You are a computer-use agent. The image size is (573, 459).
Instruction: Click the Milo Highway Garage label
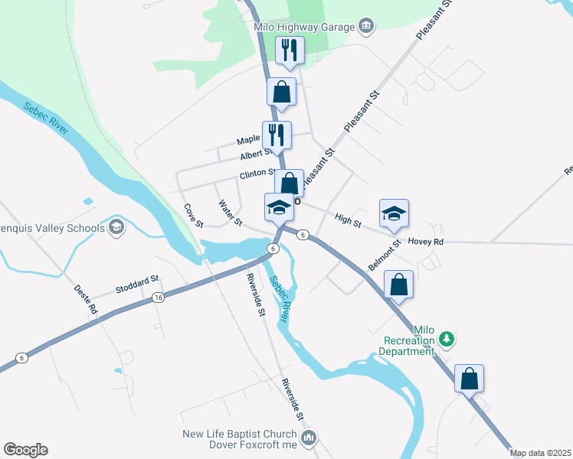[x=304, y=28]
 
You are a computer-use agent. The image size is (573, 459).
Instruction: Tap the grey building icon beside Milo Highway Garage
[x=365, y=28]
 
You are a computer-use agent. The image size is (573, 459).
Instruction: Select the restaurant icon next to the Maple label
[x=277, y=135]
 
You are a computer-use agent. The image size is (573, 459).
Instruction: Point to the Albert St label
[x=256, y=155]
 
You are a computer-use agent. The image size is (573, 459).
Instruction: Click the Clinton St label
[x=258, y=174]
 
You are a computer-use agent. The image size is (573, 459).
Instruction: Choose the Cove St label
[x=193, y=216]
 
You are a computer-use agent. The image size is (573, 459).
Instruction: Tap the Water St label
[x=230, y=214]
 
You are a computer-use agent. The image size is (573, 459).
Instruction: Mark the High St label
[x=348, y=220]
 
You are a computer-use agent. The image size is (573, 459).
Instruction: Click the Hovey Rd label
[x=426, y=242]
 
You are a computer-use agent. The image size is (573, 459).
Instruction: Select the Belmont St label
[x=385, y=255]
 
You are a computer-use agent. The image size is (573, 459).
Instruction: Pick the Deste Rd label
[x=86, y=300]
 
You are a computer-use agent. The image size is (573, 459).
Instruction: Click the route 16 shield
[x=158, y=297]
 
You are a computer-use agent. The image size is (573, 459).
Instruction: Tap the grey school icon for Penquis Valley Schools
[x=116, y=227]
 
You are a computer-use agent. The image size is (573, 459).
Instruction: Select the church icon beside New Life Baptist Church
[x=308, y=438]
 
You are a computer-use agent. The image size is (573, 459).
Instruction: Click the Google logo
[x=25, y=450]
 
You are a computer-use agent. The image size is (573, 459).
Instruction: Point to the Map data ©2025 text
[x=540, y=453]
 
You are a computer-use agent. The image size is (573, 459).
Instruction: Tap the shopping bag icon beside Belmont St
[x=399, y=285]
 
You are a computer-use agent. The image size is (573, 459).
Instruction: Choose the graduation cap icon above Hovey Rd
[x=394, y=213]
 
